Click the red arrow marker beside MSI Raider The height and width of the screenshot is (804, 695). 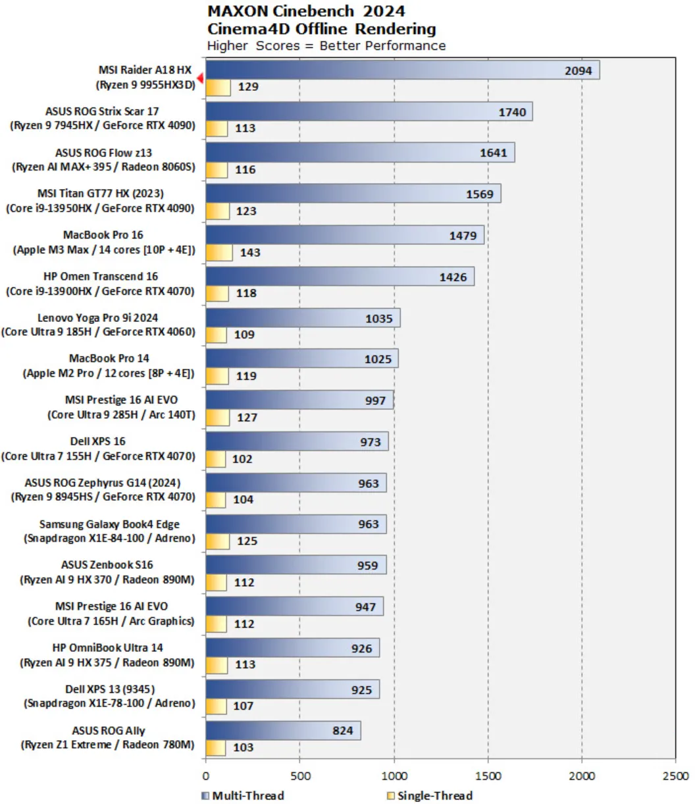[x=199, y=78]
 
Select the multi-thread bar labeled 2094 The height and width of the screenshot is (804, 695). [x=402, y=70]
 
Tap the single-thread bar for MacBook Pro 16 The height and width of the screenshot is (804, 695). [x=219, y=252]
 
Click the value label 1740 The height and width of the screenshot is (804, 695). [x=511, y=112]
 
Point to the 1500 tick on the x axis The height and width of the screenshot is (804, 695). [x=488, y=776]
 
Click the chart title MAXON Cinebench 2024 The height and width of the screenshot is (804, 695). [x=306, y=11]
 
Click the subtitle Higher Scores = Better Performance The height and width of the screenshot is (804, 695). [x=326, y=45]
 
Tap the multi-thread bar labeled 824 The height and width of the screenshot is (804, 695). [x=283, y=730]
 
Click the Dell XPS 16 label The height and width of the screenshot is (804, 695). [x=99, y=448]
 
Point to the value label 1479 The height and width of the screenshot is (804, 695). [x=463, y=235]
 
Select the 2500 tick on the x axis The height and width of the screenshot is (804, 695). [x=675, y=776]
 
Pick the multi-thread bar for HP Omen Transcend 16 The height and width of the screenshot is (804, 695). [x=340, y=277]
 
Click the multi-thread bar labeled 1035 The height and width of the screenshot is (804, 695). [x=303, y=318]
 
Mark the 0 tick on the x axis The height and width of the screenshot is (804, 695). [x=206, y=776]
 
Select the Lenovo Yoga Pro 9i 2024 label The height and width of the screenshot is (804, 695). [x=99, y=325]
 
